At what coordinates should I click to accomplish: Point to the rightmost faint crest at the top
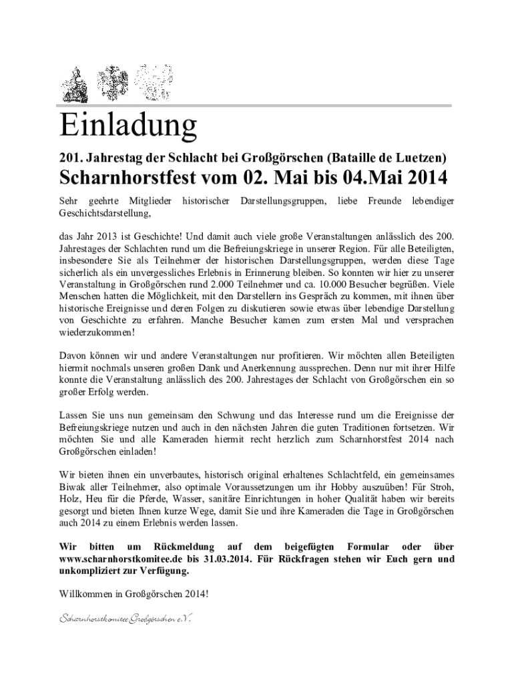152,81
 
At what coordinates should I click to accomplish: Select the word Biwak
72,486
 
